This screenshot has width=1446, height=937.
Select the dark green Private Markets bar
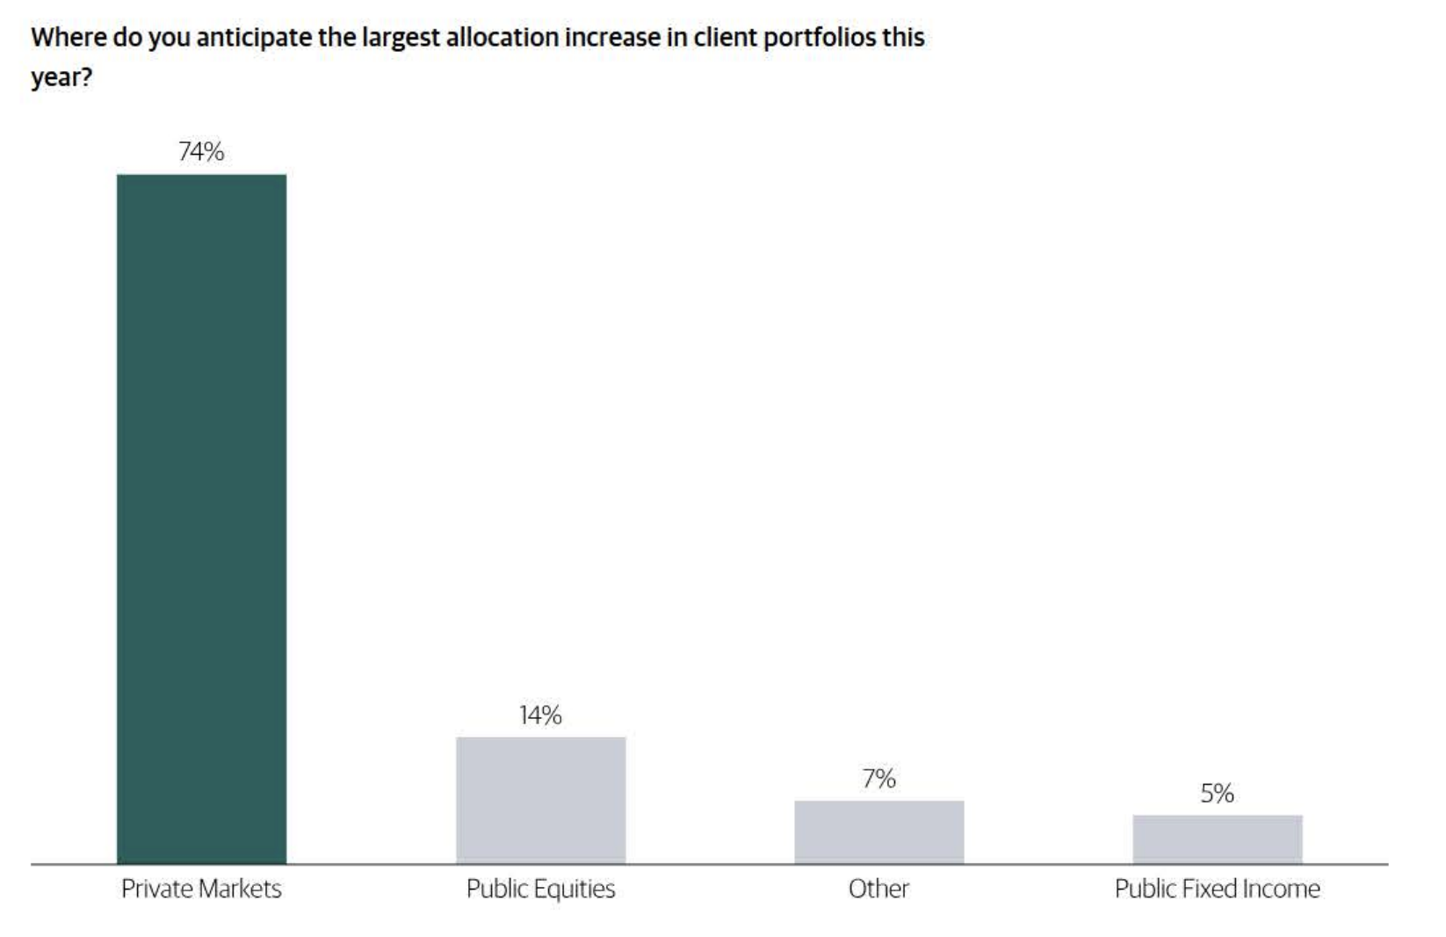(201, 519)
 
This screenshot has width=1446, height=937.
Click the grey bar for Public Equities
(540, 800)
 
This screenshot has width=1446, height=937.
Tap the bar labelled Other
(878, 832)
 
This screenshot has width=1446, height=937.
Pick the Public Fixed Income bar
(1217, 839)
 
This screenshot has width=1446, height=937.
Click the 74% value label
(201, 152)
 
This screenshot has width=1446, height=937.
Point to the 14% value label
(540, 715)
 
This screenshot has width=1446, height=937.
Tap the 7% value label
(878, 779)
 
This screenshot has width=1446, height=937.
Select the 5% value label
(1217, 794)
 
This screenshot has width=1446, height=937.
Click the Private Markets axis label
(201, 889)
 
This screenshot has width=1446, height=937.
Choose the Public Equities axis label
(540, 889)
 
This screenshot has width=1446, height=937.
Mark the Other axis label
(878, 889)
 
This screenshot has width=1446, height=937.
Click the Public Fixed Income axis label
(1217, 889)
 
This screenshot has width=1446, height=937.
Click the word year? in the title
(61, 78)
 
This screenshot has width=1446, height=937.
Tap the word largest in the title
(400, 39)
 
